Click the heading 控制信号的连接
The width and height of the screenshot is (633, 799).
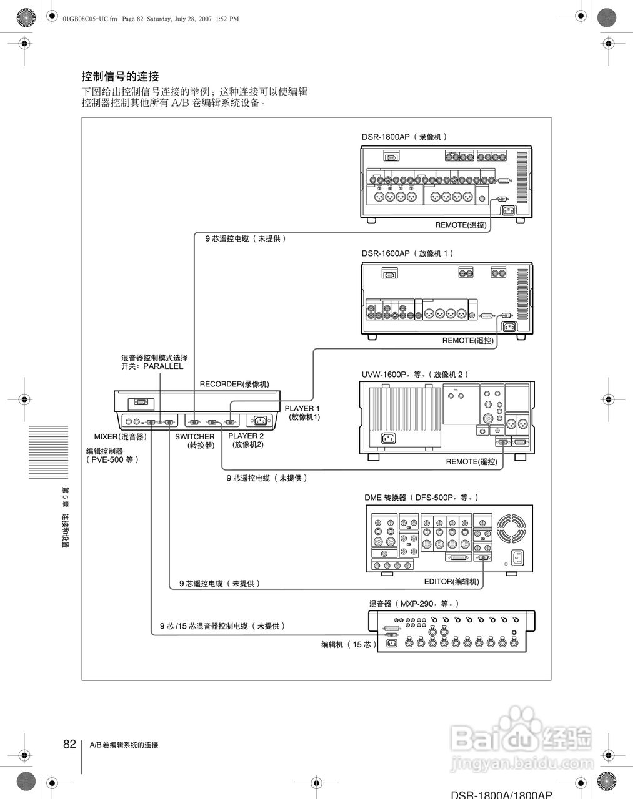[121, 76]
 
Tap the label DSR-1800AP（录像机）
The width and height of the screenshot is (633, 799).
[404, 137]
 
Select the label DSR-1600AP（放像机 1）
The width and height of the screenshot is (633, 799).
[407, 253]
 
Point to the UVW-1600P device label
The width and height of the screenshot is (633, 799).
[414, 375]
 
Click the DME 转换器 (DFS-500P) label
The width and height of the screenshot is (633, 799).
[421, 498]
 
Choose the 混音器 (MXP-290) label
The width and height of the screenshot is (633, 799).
[414, 604]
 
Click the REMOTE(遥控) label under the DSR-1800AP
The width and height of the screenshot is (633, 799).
[461, 225]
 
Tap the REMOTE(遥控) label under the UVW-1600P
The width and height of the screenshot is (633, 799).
[471, 462]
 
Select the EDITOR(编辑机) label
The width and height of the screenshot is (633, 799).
[452, 582]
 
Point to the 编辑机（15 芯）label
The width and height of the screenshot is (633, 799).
[349, 644]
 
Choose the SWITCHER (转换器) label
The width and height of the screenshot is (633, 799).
[195, 441]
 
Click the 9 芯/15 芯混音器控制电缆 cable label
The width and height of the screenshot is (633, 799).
[222, 625]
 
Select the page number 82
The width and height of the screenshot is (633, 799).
[69, 744]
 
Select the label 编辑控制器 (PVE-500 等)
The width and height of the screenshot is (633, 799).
[112, 455]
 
